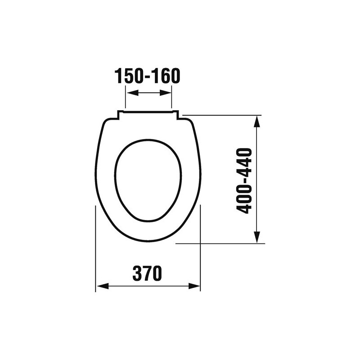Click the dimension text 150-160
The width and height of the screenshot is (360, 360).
tap(147, 76)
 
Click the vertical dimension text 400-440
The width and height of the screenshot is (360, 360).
tap(244, 180)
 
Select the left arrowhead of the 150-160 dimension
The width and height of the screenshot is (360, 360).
tap(129, 93)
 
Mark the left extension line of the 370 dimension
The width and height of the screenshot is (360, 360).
tap(96, 247)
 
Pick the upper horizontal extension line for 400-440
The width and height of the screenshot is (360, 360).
tap(220, 115)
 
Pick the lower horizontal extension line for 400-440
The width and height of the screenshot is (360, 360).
tap(220, 244)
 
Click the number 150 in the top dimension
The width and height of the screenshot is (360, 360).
tap(129, 76)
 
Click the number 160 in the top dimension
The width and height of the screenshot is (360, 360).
tap(166, 76)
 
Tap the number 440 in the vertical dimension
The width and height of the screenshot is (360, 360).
tap(244, 161)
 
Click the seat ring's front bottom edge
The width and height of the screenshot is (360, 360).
tap(148, 241)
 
